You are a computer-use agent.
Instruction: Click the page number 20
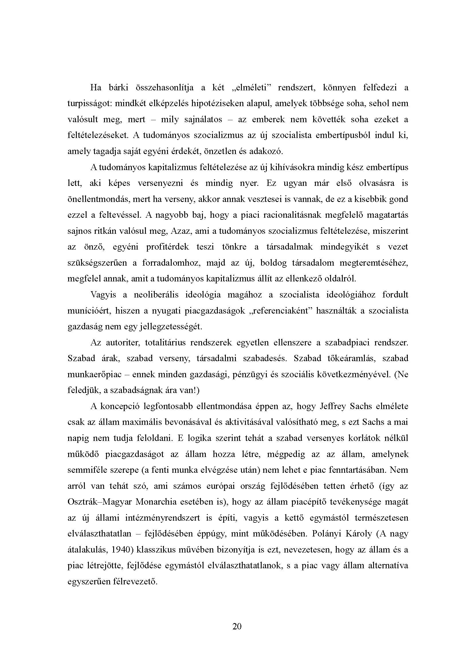237,626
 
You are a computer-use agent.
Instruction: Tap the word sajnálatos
203,120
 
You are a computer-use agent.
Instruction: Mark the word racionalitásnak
293,215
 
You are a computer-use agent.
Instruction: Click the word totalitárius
165,343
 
